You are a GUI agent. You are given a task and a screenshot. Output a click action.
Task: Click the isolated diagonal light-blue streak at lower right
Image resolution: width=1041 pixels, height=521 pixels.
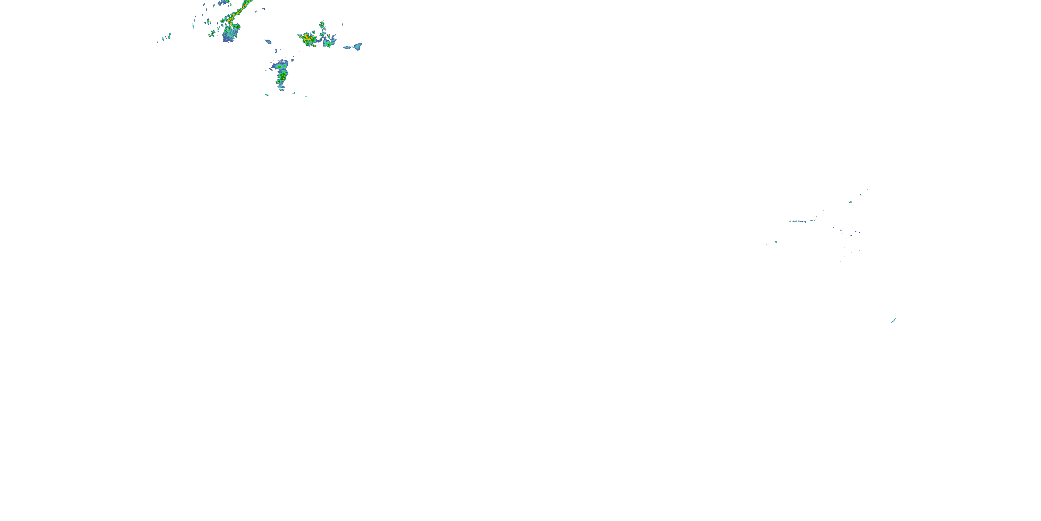(x=894, y=320)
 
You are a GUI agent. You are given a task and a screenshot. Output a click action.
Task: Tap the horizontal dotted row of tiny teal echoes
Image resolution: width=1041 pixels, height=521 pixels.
(x=798, y=221)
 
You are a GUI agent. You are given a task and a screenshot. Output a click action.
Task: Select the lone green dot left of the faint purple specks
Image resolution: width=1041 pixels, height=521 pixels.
(x=776, y=242)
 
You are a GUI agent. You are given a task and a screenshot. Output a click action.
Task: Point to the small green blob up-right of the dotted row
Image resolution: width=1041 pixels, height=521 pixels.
(x=850, y=202)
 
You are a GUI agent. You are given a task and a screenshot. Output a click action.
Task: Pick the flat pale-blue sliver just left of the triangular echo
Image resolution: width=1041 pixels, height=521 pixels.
(x=347, y=47)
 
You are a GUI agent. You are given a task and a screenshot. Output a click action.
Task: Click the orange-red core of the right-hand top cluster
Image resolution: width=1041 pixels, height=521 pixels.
(x=307, y=39)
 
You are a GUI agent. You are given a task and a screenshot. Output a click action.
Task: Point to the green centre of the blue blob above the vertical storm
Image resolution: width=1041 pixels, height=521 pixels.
(x=279, y=66)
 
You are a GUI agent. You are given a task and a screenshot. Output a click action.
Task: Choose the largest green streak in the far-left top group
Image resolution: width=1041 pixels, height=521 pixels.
(x=169, y=35)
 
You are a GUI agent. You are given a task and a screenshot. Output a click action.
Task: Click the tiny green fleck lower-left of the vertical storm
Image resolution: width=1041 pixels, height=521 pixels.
(x=267, y=95)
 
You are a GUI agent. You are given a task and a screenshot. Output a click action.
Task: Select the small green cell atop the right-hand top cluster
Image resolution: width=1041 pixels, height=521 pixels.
(x=322, y=25)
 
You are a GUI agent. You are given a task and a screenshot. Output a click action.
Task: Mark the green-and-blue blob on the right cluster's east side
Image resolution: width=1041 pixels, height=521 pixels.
(x=329, y=42)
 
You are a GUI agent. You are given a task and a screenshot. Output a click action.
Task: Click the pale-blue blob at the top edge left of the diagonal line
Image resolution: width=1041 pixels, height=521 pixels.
(x=223, y=2)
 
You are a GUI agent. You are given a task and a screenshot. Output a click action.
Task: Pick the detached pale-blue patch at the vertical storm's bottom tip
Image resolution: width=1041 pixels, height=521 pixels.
(x=282, y=89)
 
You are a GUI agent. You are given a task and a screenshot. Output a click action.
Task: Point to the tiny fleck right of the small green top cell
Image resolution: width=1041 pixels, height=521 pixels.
(x=343, y=24)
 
